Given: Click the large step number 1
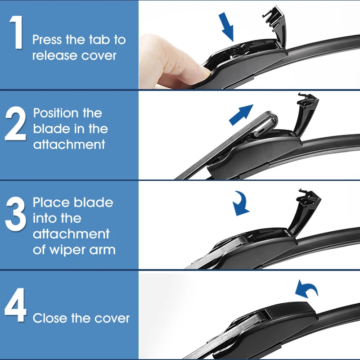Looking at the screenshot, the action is tap(17, 32).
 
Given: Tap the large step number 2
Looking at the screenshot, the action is tap(16, 123).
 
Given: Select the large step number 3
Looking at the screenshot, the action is tap(16, 214).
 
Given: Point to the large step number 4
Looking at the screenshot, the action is tap(15, 305).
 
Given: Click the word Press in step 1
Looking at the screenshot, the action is tap(47, 40).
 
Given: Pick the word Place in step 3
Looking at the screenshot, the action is tap(51, 202).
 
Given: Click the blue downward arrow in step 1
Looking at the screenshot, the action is tap(226, 27).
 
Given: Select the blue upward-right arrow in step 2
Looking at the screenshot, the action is tap(241, 115).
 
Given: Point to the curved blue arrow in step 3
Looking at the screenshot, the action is tap(242, 203).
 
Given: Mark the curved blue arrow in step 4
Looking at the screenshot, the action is tap(306, 289).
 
